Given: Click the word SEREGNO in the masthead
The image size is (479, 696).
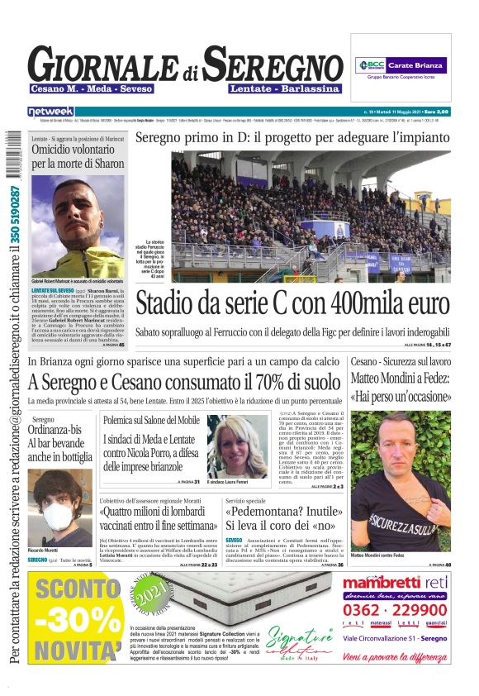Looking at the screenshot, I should [x=273, y=64].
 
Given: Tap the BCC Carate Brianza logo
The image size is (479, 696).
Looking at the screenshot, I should [x=401, y=64].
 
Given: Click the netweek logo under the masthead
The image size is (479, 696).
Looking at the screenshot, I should [x=50, y=111].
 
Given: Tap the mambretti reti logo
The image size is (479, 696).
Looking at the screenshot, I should [x=396, y=584].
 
